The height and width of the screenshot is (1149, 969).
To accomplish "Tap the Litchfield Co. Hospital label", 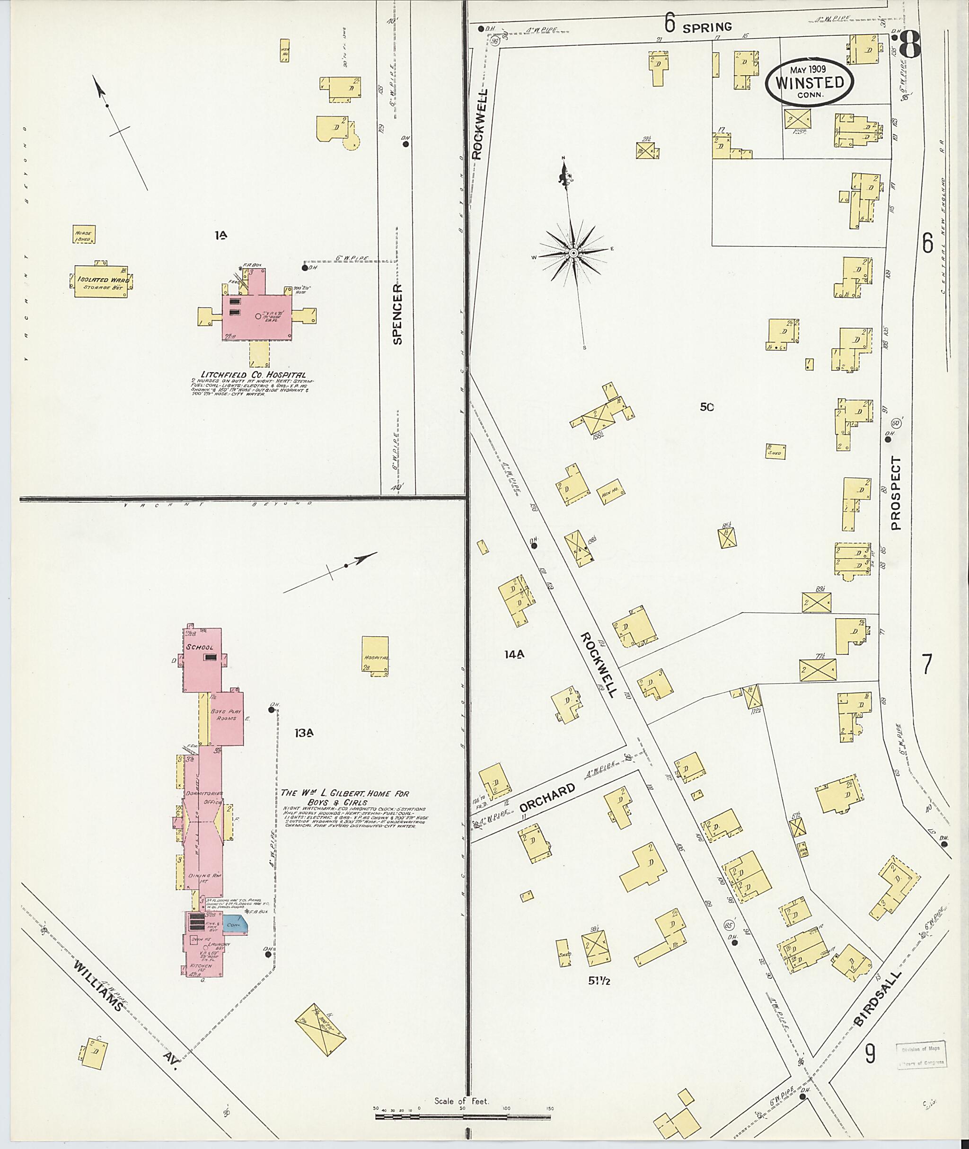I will point(249,375).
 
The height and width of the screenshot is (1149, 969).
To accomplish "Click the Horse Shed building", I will point(84,235).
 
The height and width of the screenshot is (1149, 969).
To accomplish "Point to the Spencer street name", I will point(398,314).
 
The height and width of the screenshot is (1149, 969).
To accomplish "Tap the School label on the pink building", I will point(199,647).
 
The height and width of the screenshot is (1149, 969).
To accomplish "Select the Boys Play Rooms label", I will point(226,715).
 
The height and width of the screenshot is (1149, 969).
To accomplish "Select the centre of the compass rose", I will point(573,253).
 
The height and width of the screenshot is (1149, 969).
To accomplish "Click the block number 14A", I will point(515,654).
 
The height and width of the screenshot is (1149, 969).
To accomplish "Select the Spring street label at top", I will point(707,26).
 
